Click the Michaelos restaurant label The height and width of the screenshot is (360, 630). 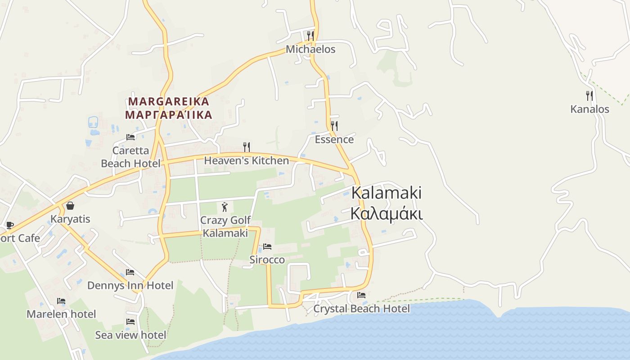tap(311, 49)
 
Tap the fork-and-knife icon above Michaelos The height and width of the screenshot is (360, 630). tap(310, 36)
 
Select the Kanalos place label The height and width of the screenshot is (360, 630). tap(589, 109)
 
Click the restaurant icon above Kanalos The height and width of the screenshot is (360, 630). tap(589, 95)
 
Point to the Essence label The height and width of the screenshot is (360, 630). tap(334, 139)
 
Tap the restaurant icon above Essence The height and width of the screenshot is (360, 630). tap(334, 126)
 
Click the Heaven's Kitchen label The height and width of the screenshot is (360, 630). tap(247, 161)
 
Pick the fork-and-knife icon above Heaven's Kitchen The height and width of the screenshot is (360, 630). tap(247, 147)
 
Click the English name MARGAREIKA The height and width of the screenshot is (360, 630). tap(169, 101)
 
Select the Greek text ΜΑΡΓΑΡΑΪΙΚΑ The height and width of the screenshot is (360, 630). tap(169, 115)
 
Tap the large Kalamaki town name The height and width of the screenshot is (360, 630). tap(386, 193)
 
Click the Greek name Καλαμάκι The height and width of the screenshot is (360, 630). tap(386, 214)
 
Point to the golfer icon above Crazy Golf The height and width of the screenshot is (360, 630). tap(225, 207)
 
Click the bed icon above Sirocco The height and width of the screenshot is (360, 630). tap(267, 247)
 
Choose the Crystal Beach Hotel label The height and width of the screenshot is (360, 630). tap(361, 309)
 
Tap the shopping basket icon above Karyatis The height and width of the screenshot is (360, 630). tap(70, 206)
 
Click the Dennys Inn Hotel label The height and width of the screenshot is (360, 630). tap(130, 285)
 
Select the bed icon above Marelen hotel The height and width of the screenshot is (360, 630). tap(61, 301)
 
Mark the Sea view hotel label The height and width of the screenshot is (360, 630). tap(130, 335)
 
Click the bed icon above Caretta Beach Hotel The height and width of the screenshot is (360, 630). tap(130, 137)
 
